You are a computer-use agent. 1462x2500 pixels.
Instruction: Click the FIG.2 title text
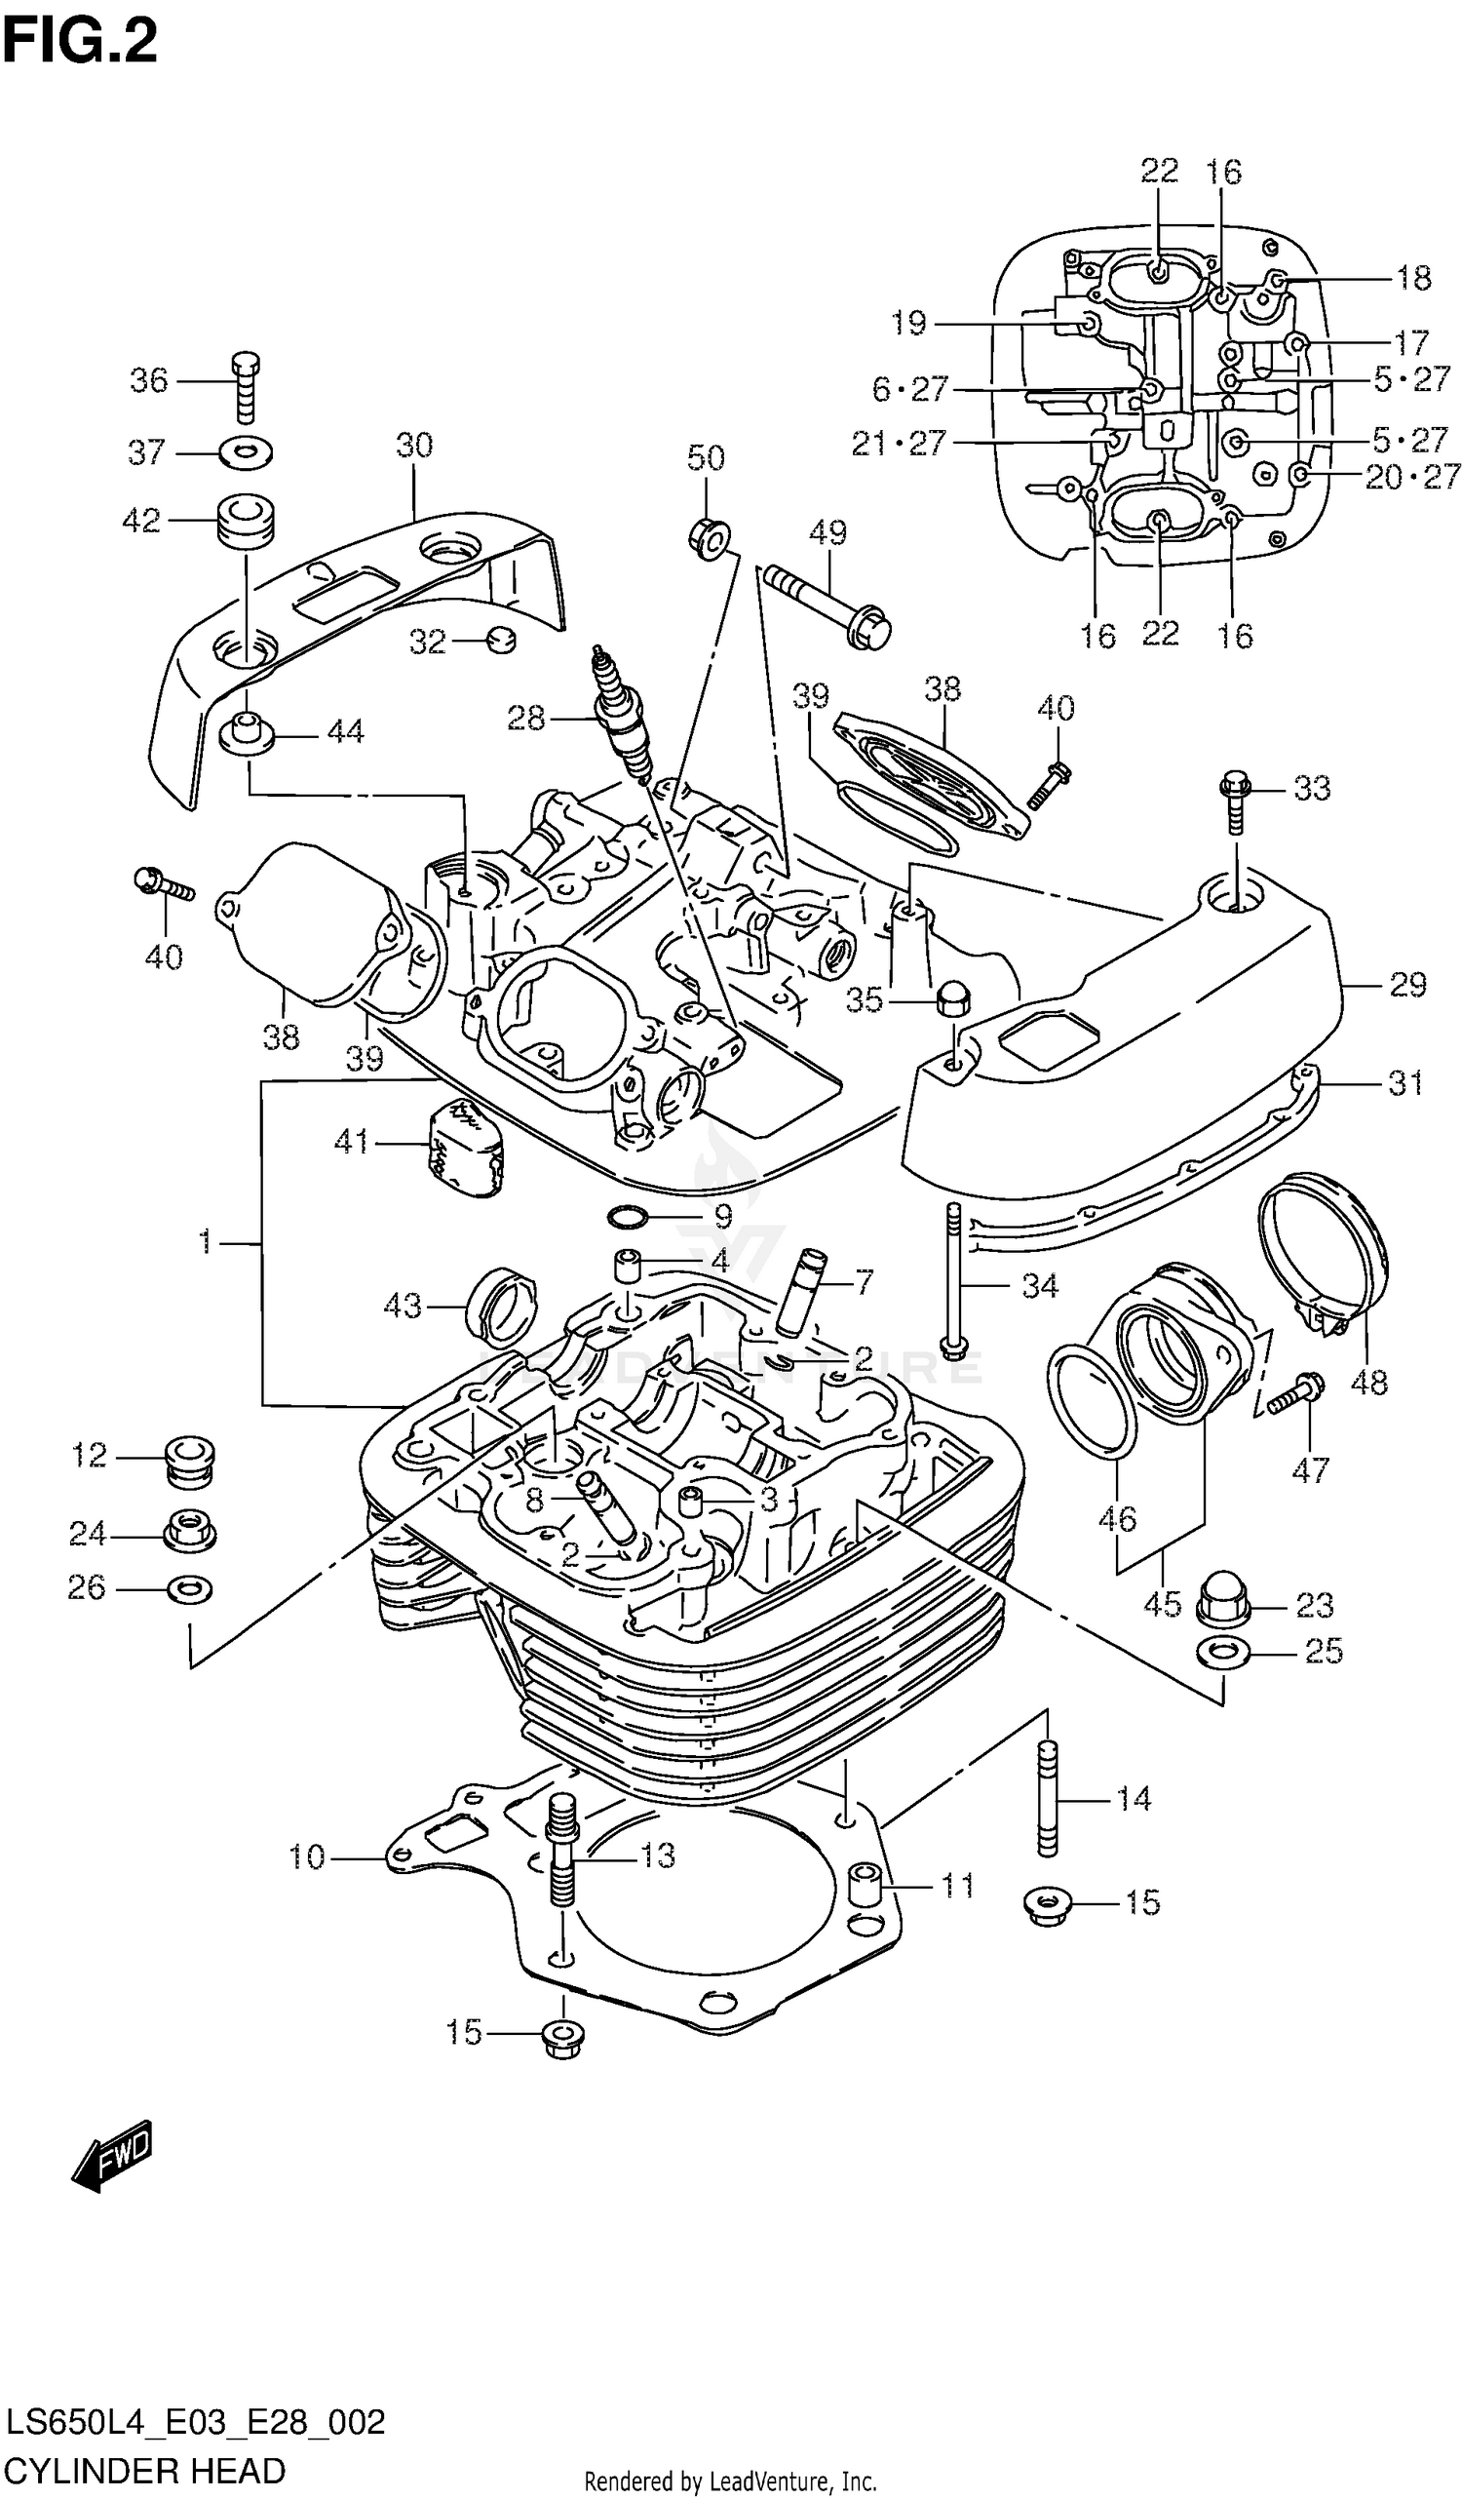coord(79,42)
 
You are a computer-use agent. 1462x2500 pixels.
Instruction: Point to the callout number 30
coord(413,446)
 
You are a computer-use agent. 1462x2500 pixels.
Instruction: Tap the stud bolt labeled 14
coord(1048,1800)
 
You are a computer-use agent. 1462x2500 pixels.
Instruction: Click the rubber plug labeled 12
coord(187,1461)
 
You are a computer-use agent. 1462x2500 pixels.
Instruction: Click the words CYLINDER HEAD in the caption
coord(146,2470)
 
